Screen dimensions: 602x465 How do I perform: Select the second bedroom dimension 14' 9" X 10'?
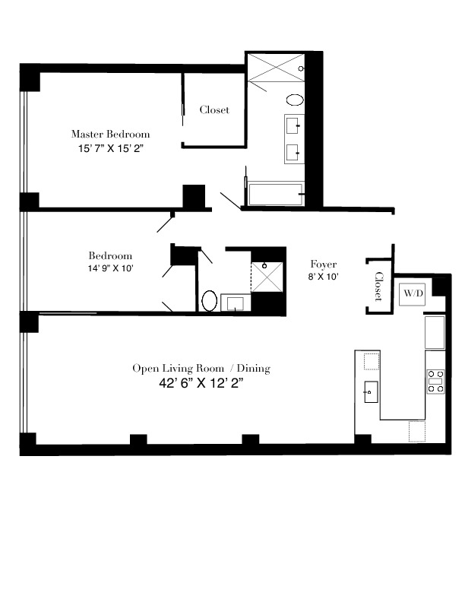(x=111, y=268)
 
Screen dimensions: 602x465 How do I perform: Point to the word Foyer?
(x=323, y=264)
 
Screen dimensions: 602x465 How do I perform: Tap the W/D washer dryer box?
(x=413, y=293)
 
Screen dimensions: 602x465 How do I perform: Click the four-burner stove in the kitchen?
(x=435, y=381)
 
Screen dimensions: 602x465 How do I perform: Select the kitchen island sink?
(x=370, y=393)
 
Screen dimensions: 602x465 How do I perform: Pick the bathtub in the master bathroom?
(x=274, y=195)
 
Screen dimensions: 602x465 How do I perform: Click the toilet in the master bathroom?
(x=294, y=100)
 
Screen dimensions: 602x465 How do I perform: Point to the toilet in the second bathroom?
(x=210, y=300)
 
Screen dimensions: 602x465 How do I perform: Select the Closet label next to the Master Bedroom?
(x=214, y=109)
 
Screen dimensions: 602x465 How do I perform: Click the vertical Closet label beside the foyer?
(x=378, y=287)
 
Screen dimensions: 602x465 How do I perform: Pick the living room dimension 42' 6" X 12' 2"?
(x=201, y=384)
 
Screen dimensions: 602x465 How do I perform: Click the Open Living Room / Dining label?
(x=201, y=369)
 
